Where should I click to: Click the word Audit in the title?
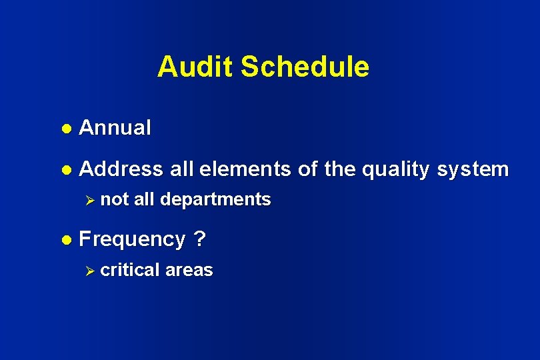(x=195, y=67)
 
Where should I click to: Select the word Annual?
(x=115, y=127)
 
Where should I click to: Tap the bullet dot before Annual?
(x=67, y=128)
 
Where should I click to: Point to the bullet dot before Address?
(x=67, y=170)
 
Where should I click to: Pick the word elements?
(x=245, y=169)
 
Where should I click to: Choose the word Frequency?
(x=132, y=240)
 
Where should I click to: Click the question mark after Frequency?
(x=199, y=239)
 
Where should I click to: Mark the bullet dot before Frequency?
(x=67, y=239)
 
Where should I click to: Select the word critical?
(x=131, y=270)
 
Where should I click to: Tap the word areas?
(x=189, y=271)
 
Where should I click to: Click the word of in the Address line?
(x=308, y=169)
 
